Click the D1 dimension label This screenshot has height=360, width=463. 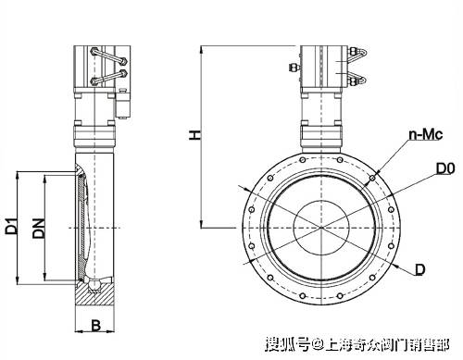click(x=12, y=226)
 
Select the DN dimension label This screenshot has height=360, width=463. click(x=39, y=229)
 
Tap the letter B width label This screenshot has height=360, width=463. click(x=96, y=326)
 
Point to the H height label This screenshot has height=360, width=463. click(x=195, y=135)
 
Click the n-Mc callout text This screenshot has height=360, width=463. click(x=426, y=134)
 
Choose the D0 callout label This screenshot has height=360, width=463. click(x=445, y=168)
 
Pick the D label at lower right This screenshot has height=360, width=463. click(x=419, y=269)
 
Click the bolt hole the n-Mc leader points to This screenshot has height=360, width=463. click(x=372, y=178)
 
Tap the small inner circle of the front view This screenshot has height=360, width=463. click(x=321, y=228)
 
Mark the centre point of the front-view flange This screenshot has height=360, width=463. click(x=321, y=228)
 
